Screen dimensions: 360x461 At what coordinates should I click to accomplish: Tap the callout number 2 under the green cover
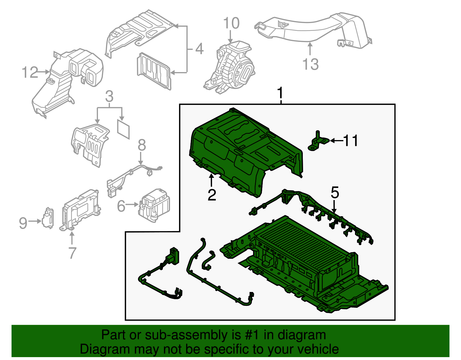coord(212,195)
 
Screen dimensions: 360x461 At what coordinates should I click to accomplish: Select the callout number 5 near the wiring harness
coord(335,192)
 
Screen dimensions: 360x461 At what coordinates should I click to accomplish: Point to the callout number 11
coord(350,141)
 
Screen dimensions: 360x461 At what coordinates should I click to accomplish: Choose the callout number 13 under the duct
coord(310,64)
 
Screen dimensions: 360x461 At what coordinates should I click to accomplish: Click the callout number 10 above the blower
coord(231,23)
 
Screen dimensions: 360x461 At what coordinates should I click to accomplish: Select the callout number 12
coord(30,72)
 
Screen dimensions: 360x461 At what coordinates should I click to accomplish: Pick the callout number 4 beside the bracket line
coord(199,49)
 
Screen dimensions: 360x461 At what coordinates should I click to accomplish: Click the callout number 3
coord(109,97)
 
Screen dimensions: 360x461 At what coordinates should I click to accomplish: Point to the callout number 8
coord(141,145)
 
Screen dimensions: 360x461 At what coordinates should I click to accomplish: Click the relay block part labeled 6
coord(154,205)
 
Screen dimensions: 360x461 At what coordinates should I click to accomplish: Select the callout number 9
coord(23,223)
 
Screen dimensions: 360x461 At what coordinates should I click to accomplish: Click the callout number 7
coord(72,253)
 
